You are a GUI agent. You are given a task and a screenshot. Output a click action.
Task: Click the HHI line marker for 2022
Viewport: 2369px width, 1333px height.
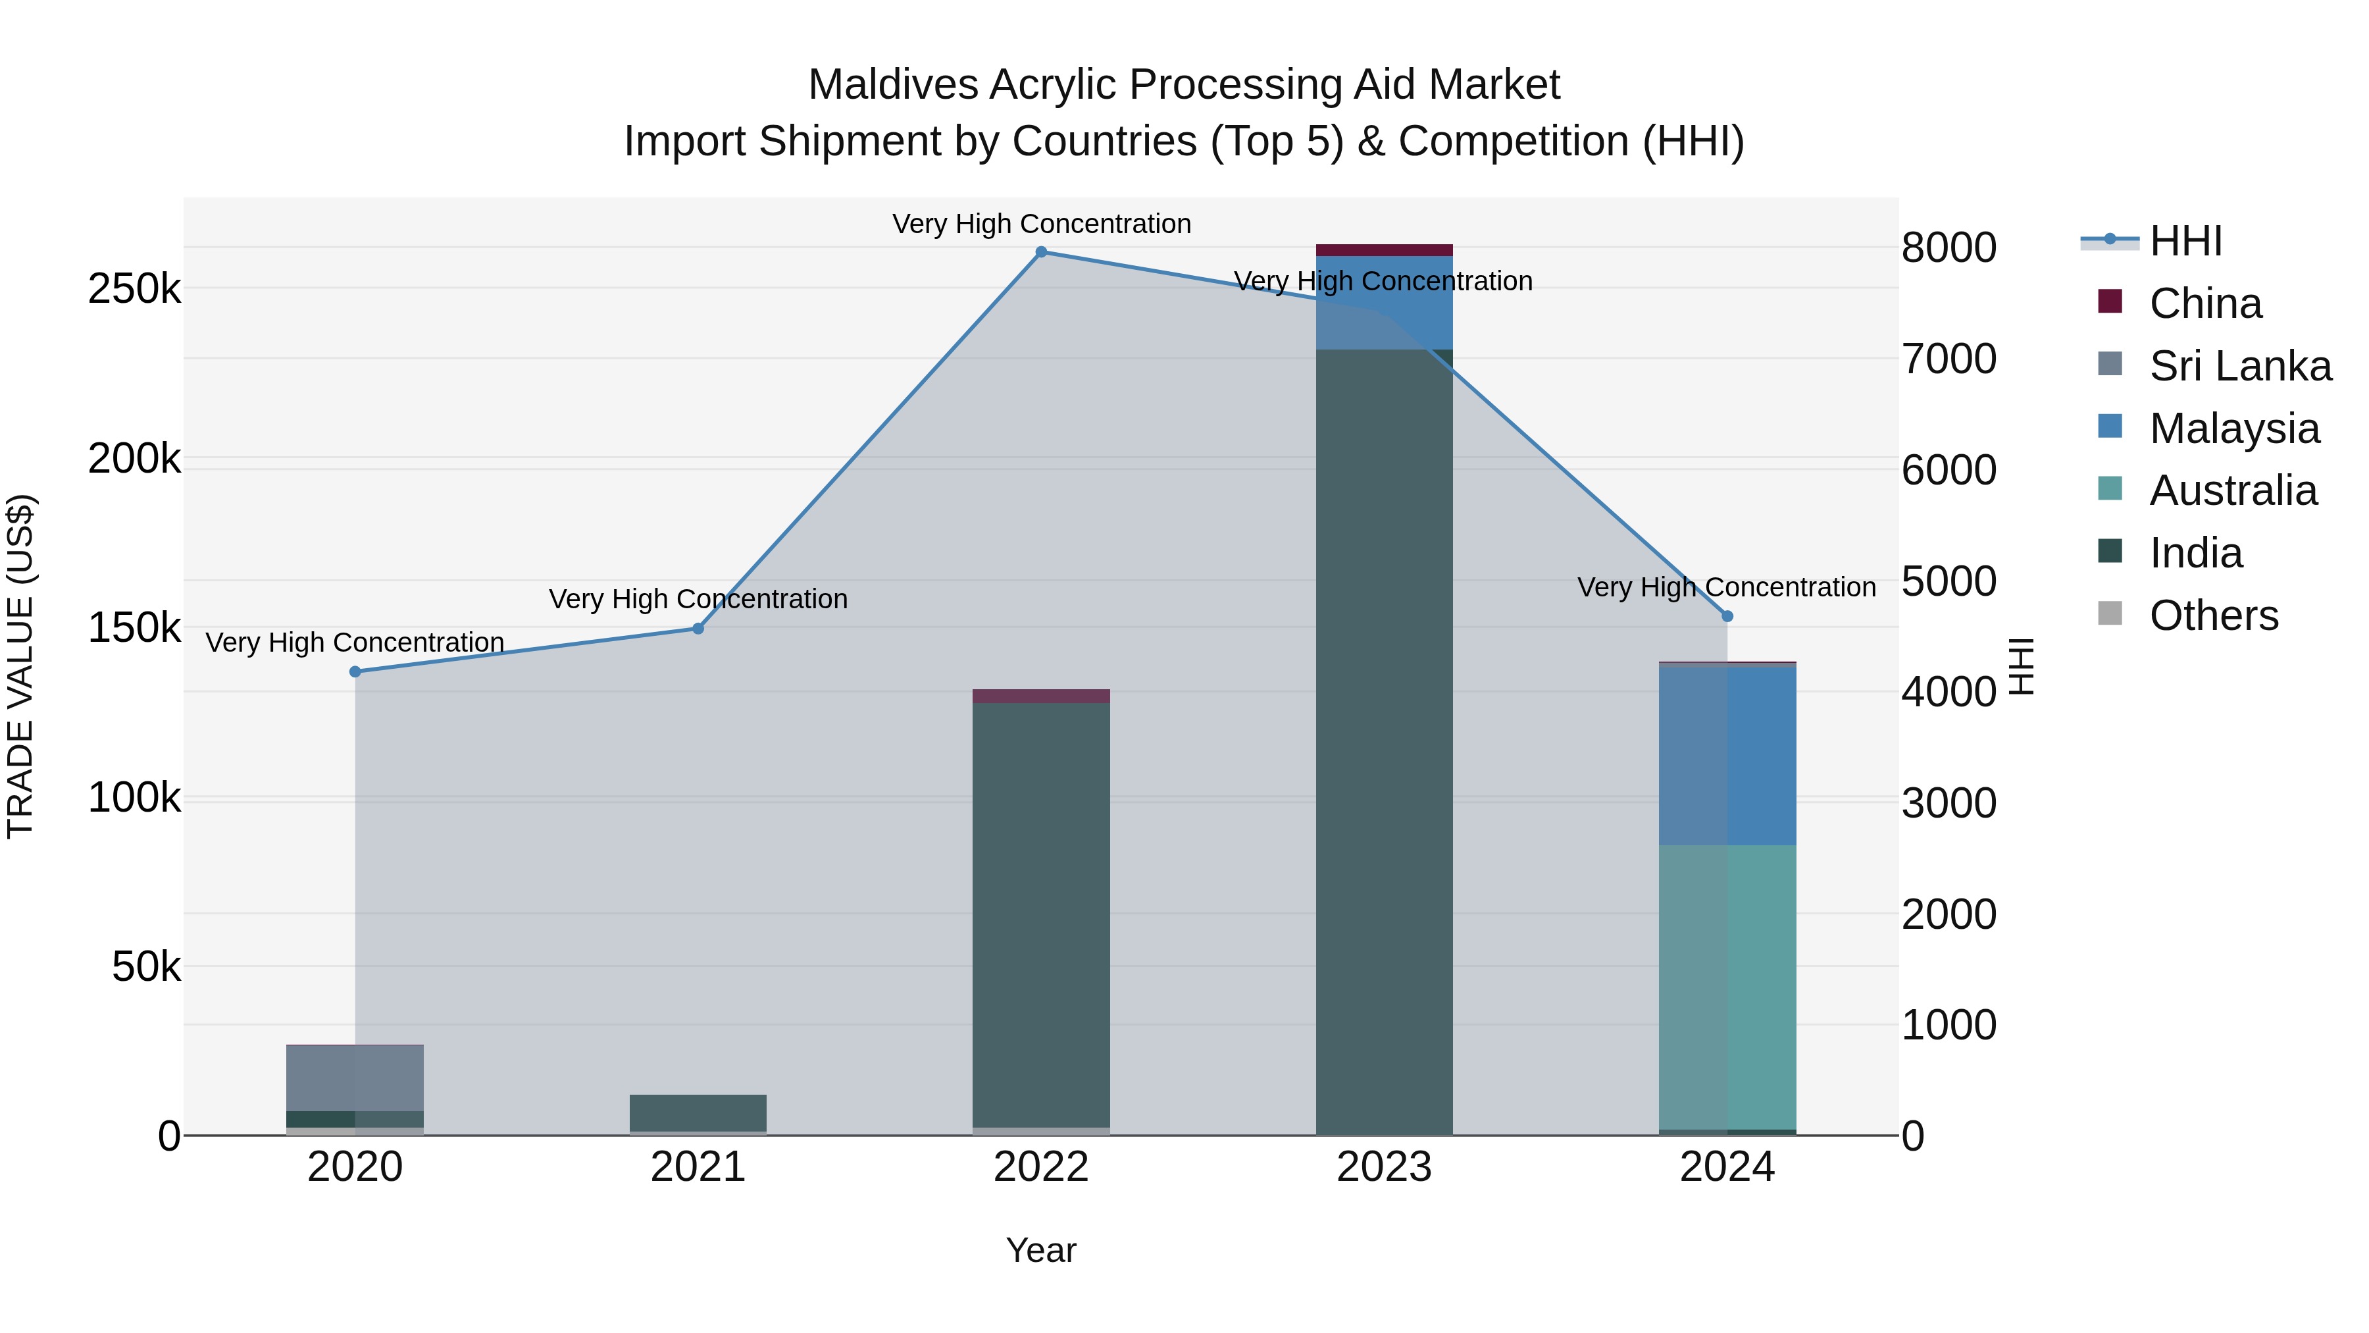pyautogui.click(x=1041, y=252)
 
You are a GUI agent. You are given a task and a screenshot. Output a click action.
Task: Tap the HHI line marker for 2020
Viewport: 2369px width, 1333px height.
pyautogui.click(x=355, y=671)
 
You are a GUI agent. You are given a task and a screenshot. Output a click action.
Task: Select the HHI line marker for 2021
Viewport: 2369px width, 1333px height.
pyautogui.click(x=698, y=629)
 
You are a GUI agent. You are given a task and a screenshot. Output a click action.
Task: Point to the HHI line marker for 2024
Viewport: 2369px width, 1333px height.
pyautogui.click(x=1727, y=616)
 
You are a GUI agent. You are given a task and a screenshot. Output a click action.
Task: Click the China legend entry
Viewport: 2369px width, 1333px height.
pyautogui.click(x=2204, y=303)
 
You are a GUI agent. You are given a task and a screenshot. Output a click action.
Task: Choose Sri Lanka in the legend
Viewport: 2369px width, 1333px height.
pyautogui.click(x=2239, y=366)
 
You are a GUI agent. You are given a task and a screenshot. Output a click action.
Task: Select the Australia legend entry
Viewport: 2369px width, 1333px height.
pyautogui.click(x=2232, y=490)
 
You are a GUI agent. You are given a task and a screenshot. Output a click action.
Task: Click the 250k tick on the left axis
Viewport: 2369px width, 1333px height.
pyautogui.click(x=134, y=289)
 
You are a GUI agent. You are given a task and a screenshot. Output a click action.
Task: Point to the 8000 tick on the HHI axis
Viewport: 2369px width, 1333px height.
pyautogui.click(x=1949, y=248)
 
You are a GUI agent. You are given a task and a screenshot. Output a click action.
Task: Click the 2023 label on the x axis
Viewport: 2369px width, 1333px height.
pyautogui.click(x=1384, y=1167)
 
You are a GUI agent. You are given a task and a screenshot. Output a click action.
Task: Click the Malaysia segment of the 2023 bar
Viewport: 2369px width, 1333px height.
pyautogui.click(x=1384, y=303)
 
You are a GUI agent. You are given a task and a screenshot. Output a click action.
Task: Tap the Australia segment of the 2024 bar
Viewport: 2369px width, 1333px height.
pyautogui.click(x=1727, y=984)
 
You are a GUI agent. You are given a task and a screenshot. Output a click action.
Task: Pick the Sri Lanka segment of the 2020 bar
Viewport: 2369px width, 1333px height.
pyautogui.click(x=355, y=1078)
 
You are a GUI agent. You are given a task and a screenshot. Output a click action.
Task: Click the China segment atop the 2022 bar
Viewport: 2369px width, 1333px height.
pyautogui.click(x=1041, y=696)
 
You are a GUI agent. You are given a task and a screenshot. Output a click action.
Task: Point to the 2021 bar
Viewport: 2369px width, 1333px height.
pyautogui.click(x=698, y=1113)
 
